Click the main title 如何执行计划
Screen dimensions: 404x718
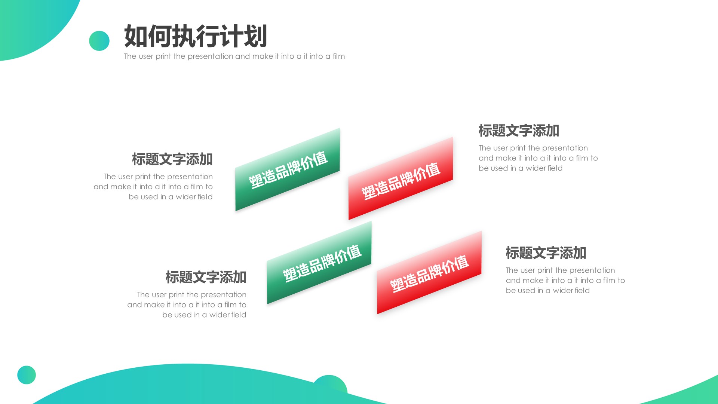point(195,36)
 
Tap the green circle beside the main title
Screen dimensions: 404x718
point(99,41)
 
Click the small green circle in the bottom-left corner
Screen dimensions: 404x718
point(27,375)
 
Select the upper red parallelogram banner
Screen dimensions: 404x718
point(401,179)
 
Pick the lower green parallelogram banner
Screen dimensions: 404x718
point(319,263)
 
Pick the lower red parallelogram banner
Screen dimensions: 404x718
point(429,273)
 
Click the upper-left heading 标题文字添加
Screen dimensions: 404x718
point(172,159)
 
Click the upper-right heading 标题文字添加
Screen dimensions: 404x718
point(519,131)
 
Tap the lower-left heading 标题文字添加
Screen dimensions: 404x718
point(206,278)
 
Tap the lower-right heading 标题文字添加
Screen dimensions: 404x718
point(546,253)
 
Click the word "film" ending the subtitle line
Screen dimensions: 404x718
point(339,56)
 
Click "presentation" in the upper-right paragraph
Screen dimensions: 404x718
point(565,148)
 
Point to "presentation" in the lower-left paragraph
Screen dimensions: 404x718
point(223,295)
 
